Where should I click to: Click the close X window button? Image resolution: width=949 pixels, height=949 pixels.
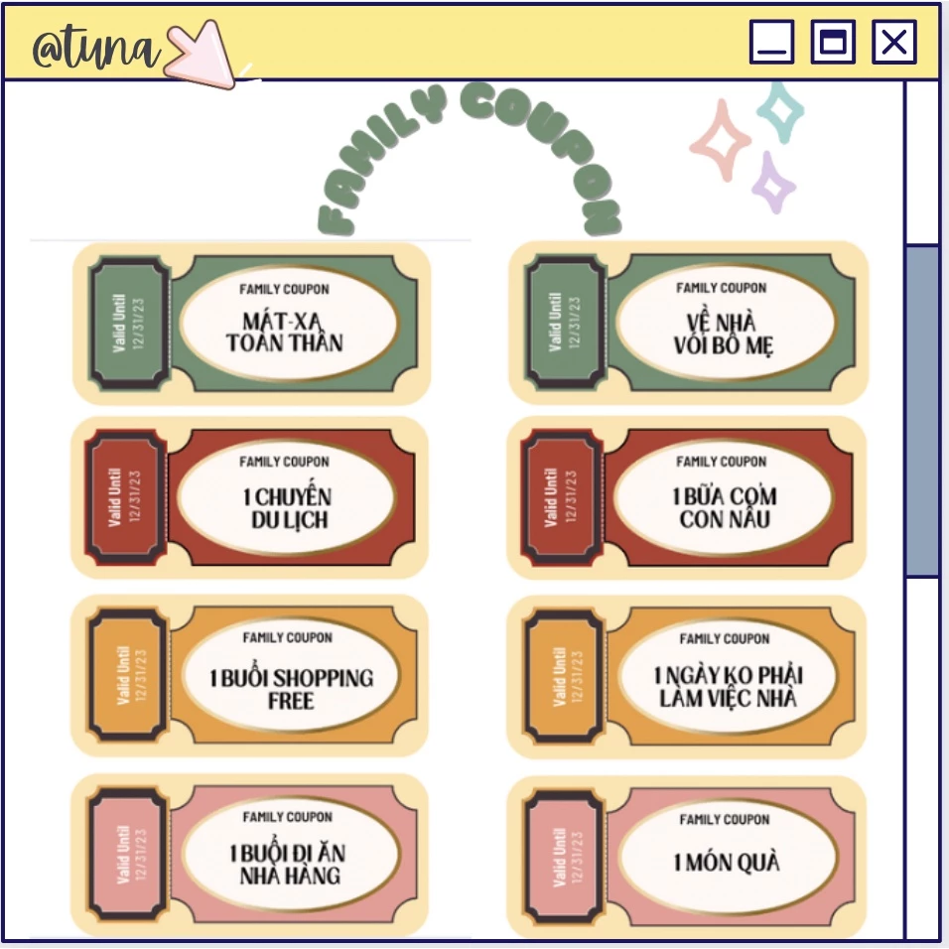tap(894, 42)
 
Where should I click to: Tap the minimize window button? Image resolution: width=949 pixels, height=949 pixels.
tap(771, 42)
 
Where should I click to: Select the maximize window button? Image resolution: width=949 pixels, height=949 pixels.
tap(833, 42)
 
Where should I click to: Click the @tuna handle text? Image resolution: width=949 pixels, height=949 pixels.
tap(96, 48)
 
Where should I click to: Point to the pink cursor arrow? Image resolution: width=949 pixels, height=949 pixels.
tap(200, 55)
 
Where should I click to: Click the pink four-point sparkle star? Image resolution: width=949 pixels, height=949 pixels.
tap(721, 140)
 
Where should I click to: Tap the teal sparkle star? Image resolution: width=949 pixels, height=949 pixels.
tap(781, 112)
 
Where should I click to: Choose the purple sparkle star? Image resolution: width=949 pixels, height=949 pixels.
tap(773, 183)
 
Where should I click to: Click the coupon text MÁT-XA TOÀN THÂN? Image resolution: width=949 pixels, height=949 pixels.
tap(285, 332)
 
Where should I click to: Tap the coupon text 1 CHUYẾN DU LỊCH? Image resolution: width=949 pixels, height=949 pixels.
tap(288, 507)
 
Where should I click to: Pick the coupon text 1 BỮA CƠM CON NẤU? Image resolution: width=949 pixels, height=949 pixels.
tap(725, 507)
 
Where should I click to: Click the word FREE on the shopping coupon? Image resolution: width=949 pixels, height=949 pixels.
tap(291, 701)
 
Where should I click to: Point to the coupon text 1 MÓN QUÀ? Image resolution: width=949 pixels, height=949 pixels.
tap(727, 862)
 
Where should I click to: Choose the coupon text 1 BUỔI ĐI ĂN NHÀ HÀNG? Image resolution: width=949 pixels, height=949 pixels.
tap(288, 864)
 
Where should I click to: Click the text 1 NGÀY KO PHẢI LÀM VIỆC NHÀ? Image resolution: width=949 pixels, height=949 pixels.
tap(728, 686)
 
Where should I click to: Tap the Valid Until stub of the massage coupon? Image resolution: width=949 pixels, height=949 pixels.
tap(129, 324)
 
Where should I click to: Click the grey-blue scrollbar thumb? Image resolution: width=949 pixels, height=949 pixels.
tap(922, 411)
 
